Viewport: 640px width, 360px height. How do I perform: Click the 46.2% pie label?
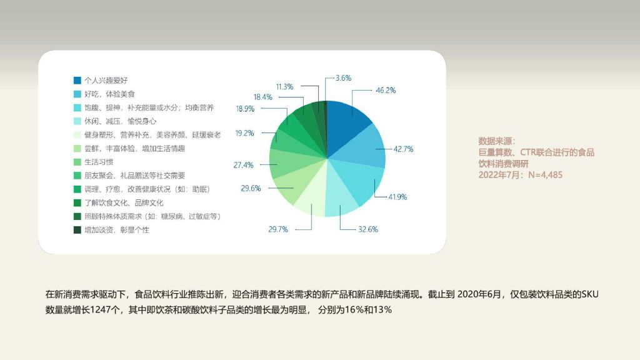(386, 90)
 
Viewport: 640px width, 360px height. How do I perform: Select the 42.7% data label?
(403, 149)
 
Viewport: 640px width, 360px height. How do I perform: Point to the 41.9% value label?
(397, 197)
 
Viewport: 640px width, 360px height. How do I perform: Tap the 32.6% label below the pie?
(368, 229)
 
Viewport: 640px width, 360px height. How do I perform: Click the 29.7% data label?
(278, 229)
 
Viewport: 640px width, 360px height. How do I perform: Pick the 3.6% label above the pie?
(343, 78)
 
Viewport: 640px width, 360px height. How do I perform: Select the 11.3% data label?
(284, 86)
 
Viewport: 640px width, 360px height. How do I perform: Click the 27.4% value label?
(243, 165)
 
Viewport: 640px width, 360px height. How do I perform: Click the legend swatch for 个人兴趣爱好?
(77, 81)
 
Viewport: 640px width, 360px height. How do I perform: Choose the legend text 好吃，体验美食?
(109, 94)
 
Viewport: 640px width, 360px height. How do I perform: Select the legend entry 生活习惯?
(99, 162)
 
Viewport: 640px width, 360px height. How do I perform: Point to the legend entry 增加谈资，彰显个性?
(117, 230)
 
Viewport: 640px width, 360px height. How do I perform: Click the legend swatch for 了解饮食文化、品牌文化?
(77, 203)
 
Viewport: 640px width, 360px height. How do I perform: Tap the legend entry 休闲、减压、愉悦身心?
(121, 121)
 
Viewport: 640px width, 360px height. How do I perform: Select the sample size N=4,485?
(545, 175)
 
